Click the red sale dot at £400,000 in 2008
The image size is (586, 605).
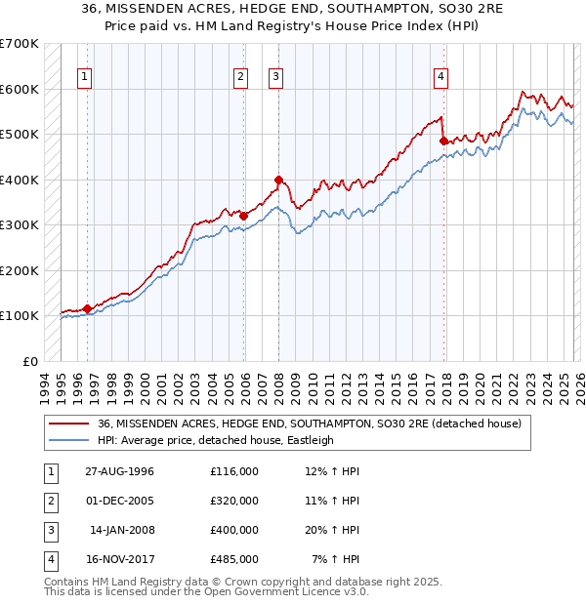point(278,180)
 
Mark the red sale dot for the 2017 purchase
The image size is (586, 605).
point(443,141)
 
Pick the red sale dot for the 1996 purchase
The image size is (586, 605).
point(87,308)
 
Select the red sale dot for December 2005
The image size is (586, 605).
point(244,216)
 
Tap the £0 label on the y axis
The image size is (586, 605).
point(29,361)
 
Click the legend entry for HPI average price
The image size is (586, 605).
point(216,440)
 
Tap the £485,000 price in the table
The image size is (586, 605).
point(234,559)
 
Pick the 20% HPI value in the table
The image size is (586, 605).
point(332,530)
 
